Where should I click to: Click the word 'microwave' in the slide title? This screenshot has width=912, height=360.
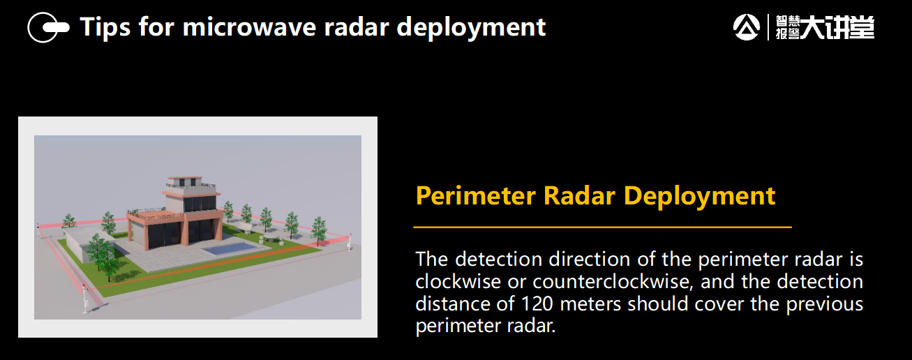(x=249, y=27)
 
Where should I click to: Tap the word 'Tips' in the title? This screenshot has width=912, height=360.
(x=105, y=28)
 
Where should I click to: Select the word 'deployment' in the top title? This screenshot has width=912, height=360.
(x=471, y=28)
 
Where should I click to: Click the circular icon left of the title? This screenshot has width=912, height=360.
(x=48, y=27)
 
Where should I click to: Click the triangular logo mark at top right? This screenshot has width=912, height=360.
(x=747, y=27)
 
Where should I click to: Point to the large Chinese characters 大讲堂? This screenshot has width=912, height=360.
(x=837, y=28)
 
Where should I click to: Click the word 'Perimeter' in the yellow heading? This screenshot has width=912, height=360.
(x=476, y=196)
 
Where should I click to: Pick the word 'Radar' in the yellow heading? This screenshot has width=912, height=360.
(x=579, y=195)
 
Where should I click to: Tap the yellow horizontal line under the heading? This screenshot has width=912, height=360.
(x=602, y=227)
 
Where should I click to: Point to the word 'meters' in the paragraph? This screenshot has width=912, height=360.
(x=590, y=303)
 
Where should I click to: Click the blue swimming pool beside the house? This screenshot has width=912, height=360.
(x=230, y=248)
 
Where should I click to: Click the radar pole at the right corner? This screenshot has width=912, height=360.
(x=350, y=242)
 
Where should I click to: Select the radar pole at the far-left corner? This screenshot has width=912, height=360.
(x=38, y=231)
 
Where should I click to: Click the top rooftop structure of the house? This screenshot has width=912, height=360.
(x=185, y=181)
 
